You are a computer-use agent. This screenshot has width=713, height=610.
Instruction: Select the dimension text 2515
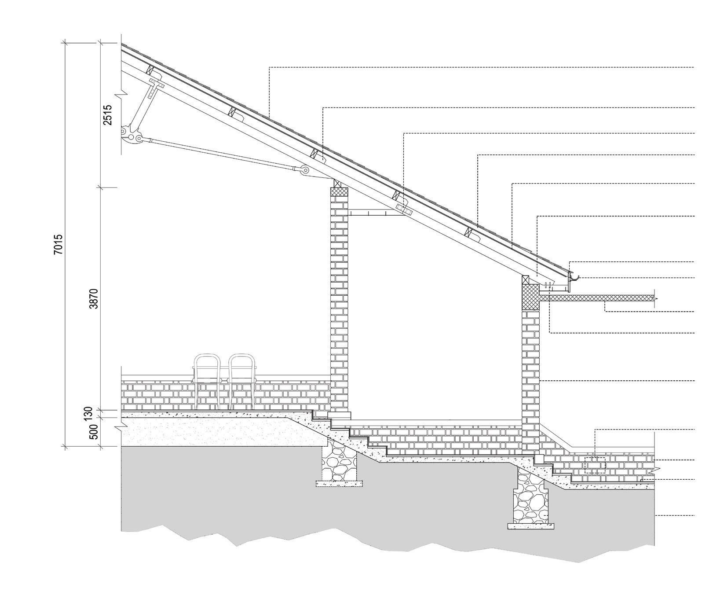[108, 115]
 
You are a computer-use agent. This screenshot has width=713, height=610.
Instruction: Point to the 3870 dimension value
[94, 298]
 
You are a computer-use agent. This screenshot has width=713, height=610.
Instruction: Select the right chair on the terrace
[242, 381]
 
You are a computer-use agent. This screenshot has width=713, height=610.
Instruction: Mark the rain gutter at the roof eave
[574, 277]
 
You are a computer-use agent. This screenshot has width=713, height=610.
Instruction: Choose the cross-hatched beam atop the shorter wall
[530, 297]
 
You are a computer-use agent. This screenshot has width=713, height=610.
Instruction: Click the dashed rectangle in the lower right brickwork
[595, 465]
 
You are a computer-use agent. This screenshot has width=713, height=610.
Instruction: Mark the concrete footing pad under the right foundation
[530, 526]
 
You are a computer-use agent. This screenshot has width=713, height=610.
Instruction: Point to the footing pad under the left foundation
[340, 483]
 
